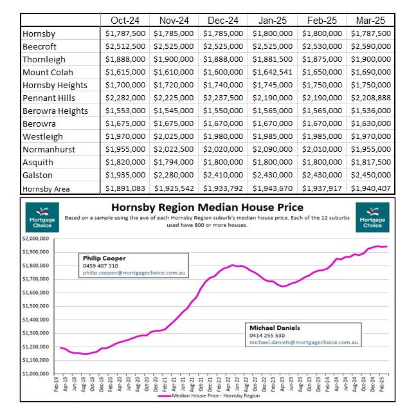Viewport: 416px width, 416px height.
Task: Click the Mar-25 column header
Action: click(370, 21)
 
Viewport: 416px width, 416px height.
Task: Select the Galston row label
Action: click(37, 175)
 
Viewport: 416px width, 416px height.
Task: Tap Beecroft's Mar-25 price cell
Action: click(371, 46)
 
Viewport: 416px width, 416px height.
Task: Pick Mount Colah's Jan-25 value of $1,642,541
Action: click(273, 72)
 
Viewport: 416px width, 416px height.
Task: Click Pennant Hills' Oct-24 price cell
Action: click(125, 98)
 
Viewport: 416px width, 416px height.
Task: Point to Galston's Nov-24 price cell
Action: click(174, 175)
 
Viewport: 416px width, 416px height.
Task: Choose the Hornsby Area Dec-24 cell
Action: click(223, 188)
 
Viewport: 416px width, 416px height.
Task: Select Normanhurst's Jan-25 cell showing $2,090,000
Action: click(273, 149)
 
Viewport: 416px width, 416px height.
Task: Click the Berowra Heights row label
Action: click(55, 111)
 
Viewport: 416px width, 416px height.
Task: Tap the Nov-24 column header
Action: click(174, 21)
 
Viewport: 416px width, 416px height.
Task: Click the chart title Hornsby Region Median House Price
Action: click(207, 207)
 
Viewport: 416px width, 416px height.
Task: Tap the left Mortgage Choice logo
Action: click(42, 217)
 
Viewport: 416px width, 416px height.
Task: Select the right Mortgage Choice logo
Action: click(372, 217)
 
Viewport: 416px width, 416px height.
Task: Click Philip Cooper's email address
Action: click(134, 273)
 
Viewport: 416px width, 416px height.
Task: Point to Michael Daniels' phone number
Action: click(267, 336)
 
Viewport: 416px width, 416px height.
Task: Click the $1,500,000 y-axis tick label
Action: click(36, 306)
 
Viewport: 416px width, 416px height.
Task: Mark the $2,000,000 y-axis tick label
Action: click(36, 239)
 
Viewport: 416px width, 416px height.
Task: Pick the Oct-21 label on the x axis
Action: click(201, 384)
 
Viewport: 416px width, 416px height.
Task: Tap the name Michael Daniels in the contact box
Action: click(275, 328)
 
